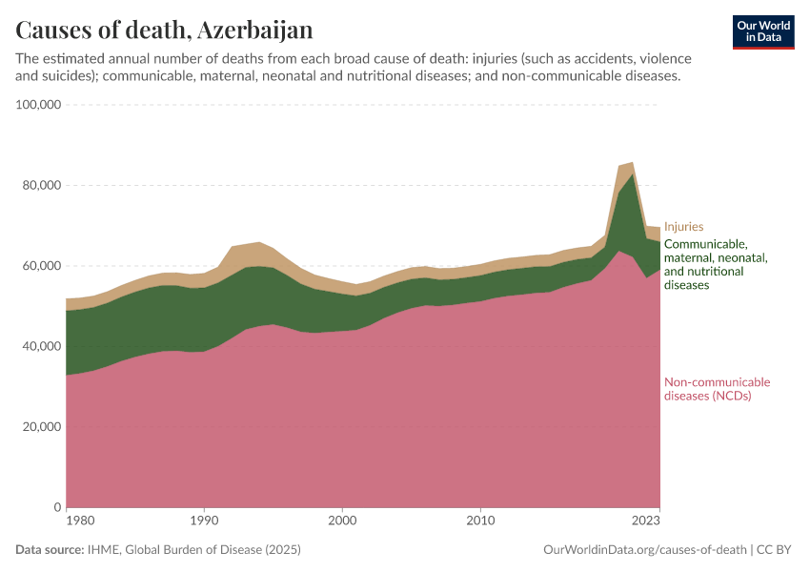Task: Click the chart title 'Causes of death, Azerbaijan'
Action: point(164,31)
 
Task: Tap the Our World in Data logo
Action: point(762,31)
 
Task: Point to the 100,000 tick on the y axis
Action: point(39,105)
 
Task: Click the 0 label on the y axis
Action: point(57,507)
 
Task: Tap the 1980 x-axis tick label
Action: point(79,521)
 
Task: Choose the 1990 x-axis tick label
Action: point(204,521)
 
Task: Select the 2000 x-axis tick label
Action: point(342,521)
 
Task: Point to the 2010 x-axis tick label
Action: point(480,521)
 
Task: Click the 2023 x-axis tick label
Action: point(645,521)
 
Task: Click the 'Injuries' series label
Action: point(683,227)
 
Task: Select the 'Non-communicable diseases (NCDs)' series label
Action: point(717,389)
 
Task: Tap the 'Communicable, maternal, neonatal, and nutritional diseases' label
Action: point(716,264)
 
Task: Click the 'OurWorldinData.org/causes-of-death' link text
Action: point(644,550)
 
